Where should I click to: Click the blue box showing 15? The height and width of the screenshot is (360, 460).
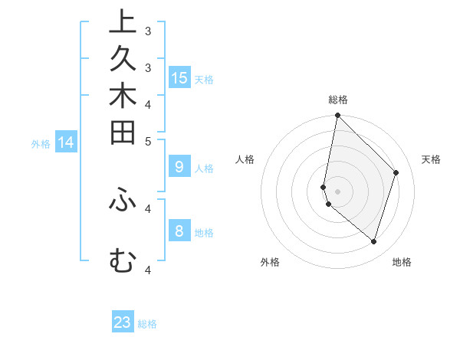pos(179,78)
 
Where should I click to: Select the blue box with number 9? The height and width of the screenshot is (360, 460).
pos(179,167)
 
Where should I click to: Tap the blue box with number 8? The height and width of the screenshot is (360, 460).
pos(179,231)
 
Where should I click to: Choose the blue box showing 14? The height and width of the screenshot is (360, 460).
pos(66,142)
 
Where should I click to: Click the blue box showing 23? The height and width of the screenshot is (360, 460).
pos(123,322)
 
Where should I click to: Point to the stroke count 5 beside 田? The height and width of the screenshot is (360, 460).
pos(148,141)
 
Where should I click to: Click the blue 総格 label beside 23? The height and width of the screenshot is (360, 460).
pos(148,324)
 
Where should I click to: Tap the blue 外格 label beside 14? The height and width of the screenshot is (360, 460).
pos(41,143)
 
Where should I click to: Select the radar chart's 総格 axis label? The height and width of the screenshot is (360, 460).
pos(338,100)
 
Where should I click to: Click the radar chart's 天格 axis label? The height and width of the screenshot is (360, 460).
pos(431,159)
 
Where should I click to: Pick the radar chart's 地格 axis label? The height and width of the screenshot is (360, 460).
pos(402,262)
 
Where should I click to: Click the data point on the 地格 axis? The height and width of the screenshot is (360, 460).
pos(374,241)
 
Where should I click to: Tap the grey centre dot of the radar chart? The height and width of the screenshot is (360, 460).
pos(338,191)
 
